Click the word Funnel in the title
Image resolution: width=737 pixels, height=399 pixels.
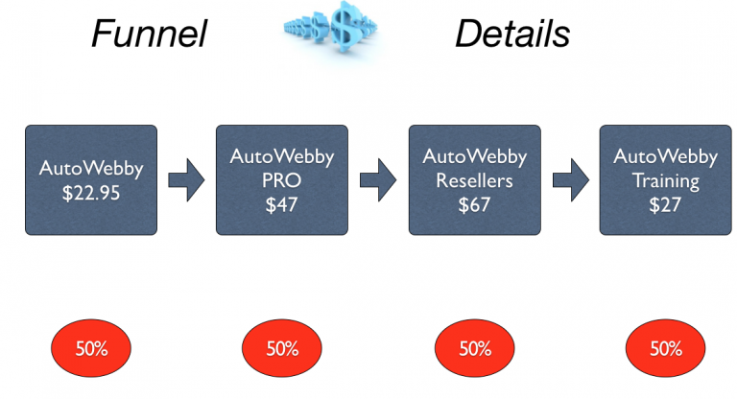click(149, 35)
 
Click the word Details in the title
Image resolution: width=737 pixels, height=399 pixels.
click(512, 35)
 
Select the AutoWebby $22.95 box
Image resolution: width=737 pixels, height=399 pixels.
click(91, 179)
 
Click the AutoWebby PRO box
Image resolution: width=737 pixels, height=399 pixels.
click(282, 179)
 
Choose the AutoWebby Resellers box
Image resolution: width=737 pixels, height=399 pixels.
click(474, 179)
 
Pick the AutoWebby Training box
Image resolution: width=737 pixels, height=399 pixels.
click(665, 179)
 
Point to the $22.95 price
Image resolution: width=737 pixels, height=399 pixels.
click(91, 190)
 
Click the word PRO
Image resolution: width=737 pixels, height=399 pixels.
click(282, 179)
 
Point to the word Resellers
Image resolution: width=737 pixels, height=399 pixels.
click(474, 179)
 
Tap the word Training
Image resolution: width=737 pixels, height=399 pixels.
click(665, 179)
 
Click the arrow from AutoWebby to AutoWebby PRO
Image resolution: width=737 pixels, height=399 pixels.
click(186, 179)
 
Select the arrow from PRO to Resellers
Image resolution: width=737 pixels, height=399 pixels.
click(378, 179)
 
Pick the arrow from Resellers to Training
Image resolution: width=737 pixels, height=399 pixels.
click(570, 179)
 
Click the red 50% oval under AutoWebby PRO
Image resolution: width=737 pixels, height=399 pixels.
click(282, 348)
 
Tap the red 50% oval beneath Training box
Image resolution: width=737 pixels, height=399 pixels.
click(665, 348)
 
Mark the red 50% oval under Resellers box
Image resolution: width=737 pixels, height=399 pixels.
click(474, 348)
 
